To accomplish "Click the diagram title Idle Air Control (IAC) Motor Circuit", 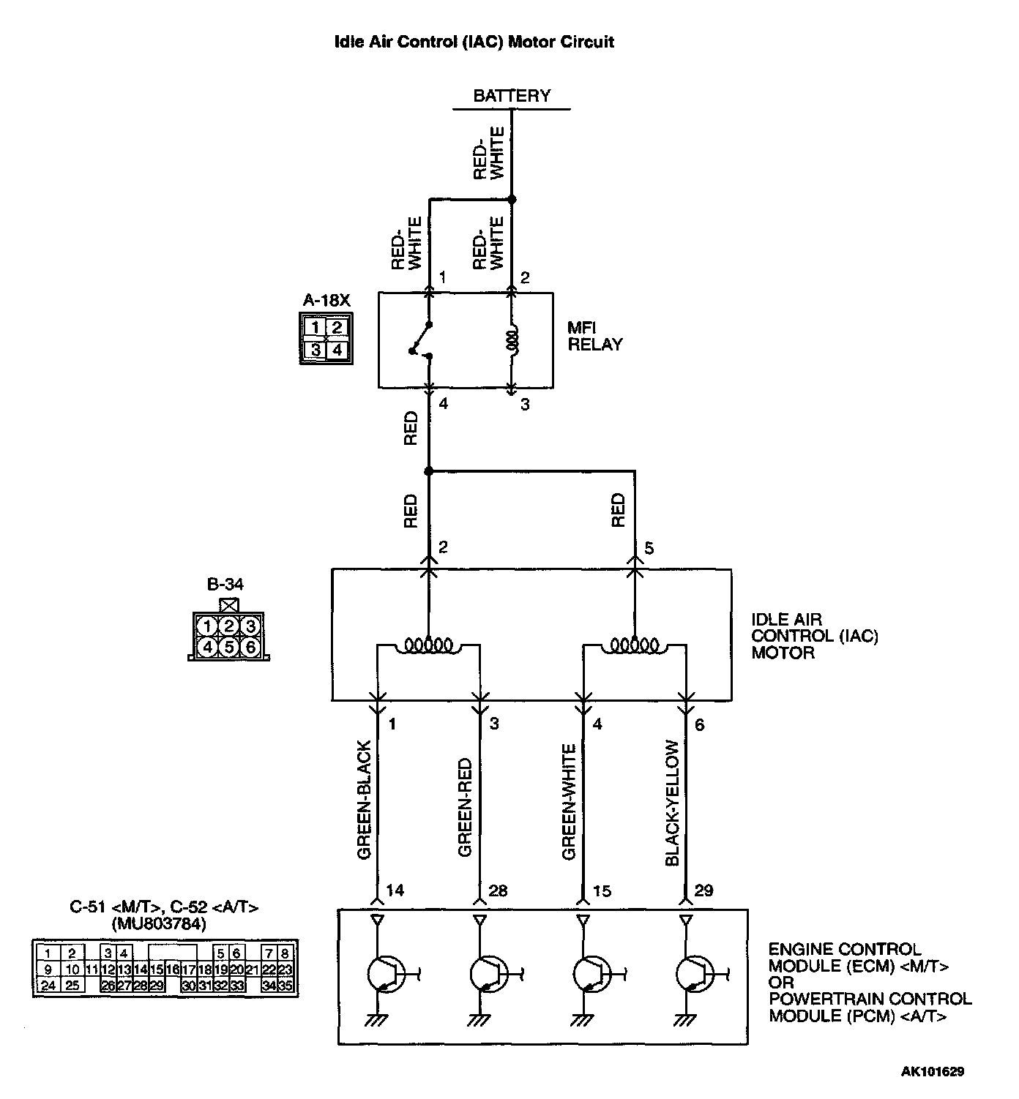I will [474, 42].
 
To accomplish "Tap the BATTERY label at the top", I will [511, 96].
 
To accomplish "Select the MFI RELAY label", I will [594, 337].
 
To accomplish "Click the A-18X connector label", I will [326, 300].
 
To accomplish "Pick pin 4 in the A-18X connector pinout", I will [337, 350].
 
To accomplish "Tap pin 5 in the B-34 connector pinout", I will [229, 647].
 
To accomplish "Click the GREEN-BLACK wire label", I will [365, 800].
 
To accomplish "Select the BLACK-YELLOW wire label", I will [673, 803].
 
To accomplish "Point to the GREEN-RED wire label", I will [466, 807].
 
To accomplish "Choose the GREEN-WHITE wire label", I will [569, 802].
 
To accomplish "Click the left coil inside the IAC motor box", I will [429, 645].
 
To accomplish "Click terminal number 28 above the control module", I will [497, 890].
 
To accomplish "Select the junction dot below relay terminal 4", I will [429, 470].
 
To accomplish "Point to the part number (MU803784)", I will [159, 924].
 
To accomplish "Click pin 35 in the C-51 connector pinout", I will [286, 986].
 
